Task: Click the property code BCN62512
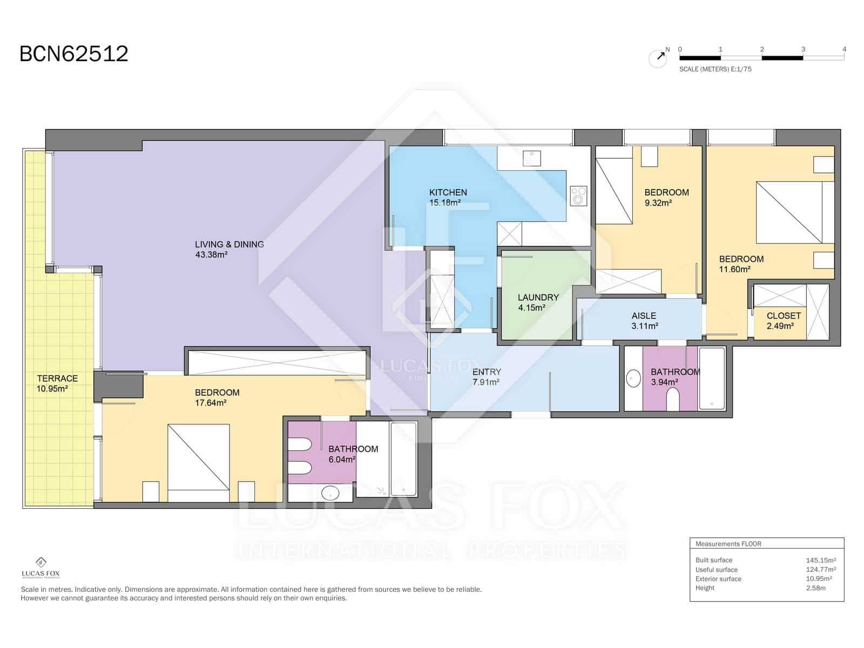74,53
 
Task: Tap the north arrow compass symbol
658,58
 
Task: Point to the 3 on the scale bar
803,49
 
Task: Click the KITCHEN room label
448,192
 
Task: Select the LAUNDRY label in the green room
538,298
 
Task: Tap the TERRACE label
57,379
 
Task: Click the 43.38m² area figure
211,254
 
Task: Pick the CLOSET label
784,315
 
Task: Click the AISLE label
644,315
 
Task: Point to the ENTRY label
487,372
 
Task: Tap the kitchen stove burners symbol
578,195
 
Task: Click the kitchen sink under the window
531,158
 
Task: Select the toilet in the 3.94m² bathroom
673,399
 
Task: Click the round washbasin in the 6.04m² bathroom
330,492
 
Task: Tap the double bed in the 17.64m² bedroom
198,463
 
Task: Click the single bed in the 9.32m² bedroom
614,185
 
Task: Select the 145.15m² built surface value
821,561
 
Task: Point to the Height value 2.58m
815,588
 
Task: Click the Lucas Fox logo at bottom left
41,568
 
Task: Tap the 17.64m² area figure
211,403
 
